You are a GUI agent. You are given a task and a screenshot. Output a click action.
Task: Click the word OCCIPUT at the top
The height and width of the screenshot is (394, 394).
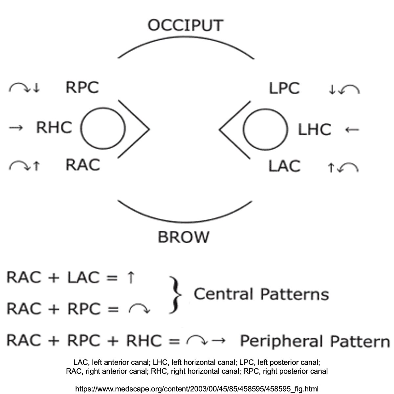(x=186, y=26)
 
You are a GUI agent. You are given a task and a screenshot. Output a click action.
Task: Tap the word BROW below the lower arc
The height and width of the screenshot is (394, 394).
(x=183, y=237)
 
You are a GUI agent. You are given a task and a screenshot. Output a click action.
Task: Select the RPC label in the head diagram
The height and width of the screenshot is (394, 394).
(x=82, y=87)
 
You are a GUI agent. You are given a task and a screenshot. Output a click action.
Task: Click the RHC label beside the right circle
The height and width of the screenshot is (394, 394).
(x=54, y=127)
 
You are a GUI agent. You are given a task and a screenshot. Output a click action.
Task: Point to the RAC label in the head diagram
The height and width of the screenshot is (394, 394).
(x=82, y=165)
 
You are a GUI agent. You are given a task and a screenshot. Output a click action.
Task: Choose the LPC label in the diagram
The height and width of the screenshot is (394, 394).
(x=284, y=89)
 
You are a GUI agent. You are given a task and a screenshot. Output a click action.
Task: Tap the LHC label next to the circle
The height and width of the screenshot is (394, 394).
(x=314, y=130)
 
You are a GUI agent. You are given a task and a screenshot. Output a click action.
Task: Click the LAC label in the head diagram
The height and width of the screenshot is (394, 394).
(x=284, y=166)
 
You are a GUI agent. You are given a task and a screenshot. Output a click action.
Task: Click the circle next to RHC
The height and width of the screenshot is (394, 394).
(x=103, y=128)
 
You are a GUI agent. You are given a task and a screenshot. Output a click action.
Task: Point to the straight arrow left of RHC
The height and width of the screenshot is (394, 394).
(x=16, y=128)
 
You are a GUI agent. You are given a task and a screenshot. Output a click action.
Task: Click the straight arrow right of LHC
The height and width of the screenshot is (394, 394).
(x=352, y=130)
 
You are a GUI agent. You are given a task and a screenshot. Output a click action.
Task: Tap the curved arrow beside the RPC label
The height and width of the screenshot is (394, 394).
(x=19, y=87)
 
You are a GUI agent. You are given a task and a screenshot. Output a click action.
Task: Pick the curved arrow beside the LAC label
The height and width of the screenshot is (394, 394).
(x=349, y=168)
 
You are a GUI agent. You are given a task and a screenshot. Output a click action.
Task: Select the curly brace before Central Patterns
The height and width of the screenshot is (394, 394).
(x=175, y=294)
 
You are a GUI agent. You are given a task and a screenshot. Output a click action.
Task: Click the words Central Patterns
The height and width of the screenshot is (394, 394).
(x=261, y=294)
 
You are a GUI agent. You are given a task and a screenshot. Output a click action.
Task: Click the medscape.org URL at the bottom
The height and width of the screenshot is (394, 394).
(x=197, y=389)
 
